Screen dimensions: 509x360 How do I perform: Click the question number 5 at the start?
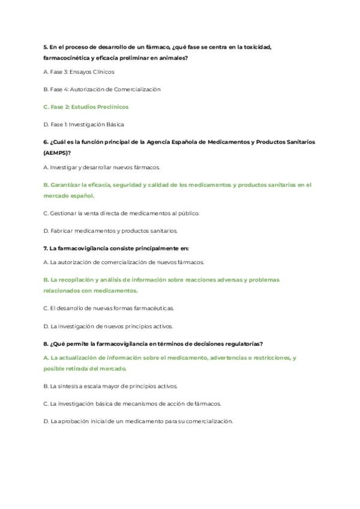click(x=46, y=47)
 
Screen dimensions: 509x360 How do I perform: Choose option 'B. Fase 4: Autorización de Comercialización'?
click(x=102, y=89)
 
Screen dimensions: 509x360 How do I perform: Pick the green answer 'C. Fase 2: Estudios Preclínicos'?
click(x=86, y=106)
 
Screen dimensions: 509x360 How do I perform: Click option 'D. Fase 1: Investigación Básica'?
click(x=83, y=124)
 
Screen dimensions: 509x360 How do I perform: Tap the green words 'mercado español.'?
click(x=68, y=196)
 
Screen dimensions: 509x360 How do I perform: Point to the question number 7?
click(x=46, y=247)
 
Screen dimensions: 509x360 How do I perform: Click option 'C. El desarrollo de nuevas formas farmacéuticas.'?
click(x=109, y=308)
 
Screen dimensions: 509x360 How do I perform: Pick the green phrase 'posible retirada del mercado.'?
click(x=85, y=369)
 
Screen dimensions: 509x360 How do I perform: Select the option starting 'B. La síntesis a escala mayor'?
click(x=110, y=386)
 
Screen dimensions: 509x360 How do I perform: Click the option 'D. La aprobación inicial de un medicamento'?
click(x=137, y=421)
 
